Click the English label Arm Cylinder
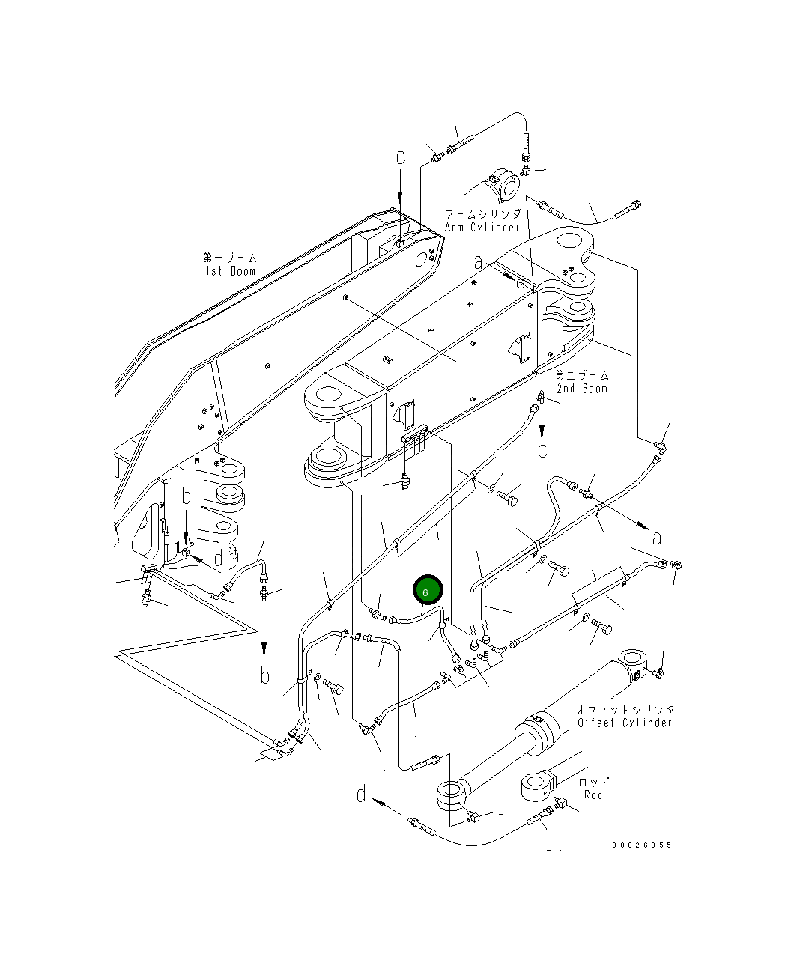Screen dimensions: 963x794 coord(482,227)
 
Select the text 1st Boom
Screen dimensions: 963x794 coord(230,271)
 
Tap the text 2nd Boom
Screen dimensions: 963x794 coord(582,389)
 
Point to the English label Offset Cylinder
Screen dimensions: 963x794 coord(625,723)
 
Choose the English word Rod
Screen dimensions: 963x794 coord(593,795)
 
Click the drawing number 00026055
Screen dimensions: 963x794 coord(641,845)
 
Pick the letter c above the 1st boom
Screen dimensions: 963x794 coord(401,158)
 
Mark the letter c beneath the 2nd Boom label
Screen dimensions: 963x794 coord(542,450)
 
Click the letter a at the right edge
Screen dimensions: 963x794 coord(657,538)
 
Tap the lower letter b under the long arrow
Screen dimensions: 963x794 coord(264,675)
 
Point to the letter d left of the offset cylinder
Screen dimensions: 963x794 coord(362,795)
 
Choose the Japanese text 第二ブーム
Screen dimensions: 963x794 coord(582,375)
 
